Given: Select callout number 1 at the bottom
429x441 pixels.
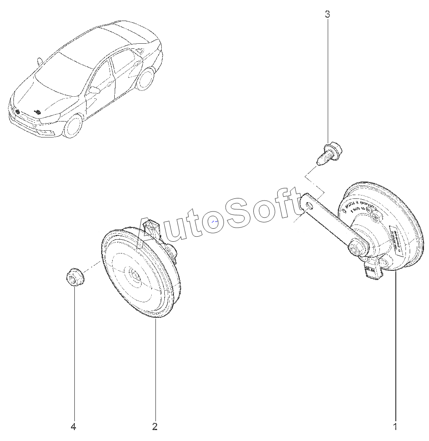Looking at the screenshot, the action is coord(395,427).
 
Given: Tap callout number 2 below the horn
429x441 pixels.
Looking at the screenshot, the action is coord(155,427).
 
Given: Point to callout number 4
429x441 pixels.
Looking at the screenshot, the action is coord(74,427).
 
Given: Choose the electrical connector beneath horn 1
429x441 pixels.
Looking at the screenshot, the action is coord(372,270).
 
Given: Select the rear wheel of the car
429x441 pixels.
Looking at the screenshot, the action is coord(146,79).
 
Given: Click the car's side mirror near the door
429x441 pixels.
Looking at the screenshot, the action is coord(94,90).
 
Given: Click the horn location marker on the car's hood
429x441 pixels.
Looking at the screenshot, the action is coord(38,112).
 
